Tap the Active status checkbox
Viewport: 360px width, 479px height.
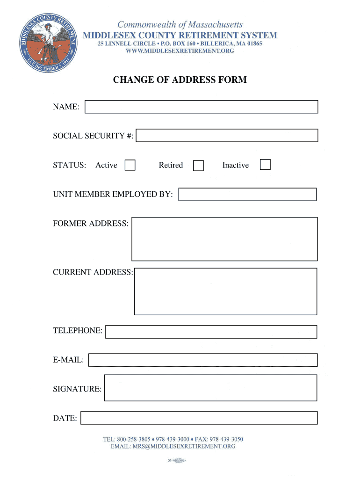point(130,165)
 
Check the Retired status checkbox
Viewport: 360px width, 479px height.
point(199,166)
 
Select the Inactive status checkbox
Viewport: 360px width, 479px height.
point(265,165)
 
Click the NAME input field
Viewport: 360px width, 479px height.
point(201,107)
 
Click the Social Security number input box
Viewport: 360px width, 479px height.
point(227,136)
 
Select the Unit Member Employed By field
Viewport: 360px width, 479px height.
point(248,195)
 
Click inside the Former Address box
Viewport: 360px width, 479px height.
point(224,239)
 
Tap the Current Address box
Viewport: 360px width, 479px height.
point(225,291)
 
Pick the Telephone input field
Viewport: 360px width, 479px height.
point(211,332)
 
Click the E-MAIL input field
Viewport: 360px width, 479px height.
point(203,360)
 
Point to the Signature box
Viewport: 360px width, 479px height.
point(210,388)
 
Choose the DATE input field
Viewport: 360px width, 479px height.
point(199,418)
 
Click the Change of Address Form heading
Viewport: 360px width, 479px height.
point(180,80)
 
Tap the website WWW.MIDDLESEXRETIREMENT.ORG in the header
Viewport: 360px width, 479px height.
point(180,51)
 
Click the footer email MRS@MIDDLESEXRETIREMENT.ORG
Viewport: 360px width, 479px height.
point(173,446)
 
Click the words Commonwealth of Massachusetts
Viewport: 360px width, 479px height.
point(180,24)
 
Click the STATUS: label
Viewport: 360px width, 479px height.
point(69,165)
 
